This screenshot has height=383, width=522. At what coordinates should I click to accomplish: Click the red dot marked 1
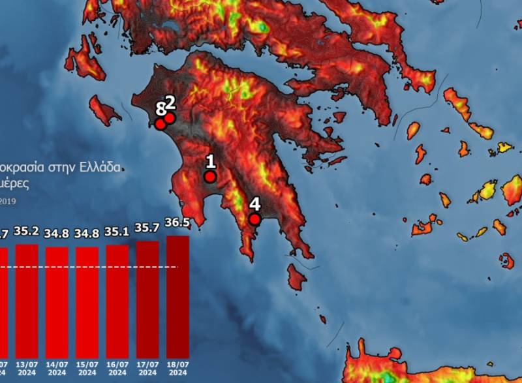click(210, 177)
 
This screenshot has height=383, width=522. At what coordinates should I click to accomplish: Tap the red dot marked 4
click(255, 219)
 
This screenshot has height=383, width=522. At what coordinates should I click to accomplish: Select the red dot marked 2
click(170, 118)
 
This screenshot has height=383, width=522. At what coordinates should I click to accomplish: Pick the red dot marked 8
click(160, 124)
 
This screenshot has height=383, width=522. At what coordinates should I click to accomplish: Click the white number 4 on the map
click(255, 204)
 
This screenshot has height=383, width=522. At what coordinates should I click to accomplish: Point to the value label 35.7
click(147, 228)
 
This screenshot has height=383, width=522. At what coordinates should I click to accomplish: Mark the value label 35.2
click(27, 230)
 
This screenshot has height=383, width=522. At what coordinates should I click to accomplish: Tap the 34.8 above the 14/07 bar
click(57, 233)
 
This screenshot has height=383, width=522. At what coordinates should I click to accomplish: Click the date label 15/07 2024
click(87, 367)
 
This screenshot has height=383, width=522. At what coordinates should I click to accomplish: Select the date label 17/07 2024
click(147, 367)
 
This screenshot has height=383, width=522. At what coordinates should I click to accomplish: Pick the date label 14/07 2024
click(57, 367)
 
